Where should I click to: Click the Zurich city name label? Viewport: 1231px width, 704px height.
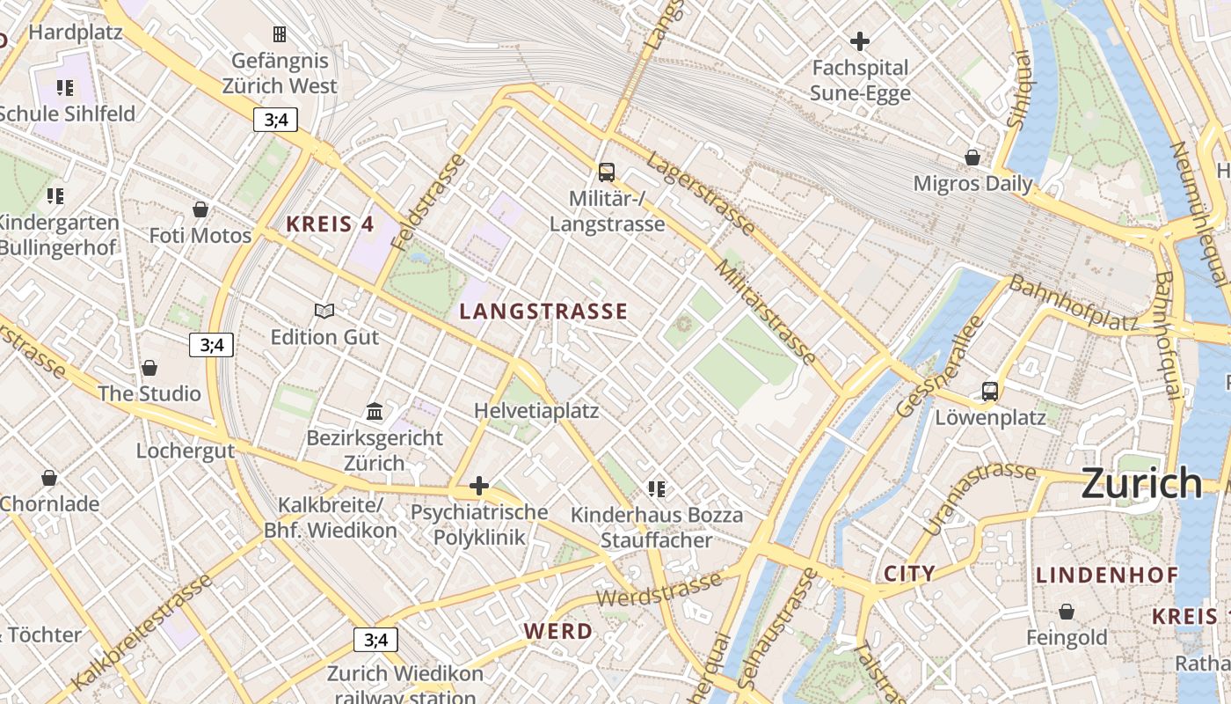pyautogui.click(x=1140, y=483)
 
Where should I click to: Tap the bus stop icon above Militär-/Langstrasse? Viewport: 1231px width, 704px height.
pyautogui.click(x=606, y=172)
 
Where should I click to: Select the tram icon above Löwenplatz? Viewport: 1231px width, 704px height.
pyautogui.click(x=990, y=391)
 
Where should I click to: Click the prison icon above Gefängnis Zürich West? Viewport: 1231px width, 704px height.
pyautogui.click(x=280, y=34)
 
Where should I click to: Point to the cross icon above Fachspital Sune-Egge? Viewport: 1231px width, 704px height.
pyautogui.click(x=859, y=40)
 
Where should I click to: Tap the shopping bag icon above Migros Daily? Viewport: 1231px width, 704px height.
pyautogui.click(x=972, y=158)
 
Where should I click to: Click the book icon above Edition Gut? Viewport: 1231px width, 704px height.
pyautogui.click(x=324, y=311)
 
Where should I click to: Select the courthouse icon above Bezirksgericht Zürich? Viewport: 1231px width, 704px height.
pyautogui.click(x=375, y=411)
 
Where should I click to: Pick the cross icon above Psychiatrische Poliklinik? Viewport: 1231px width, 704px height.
pyautogui.click(x=479, y=486)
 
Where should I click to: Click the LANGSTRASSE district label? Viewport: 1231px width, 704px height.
pyautogui.click(x=543, y=311)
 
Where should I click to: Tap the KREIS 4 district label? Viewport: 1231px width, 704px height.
pyautogui.click(x=330, y=224)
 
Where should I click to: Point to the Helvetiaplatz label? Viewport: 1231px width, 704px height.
pyautogui.click(x=536, y=411)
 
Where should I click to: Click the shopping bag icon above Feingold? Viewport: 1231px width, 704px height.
pyautogui.click(x=1067, y=611)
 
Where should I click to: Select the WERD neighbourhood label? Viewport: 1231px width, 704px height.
pyautogui.click(x=558, y=631)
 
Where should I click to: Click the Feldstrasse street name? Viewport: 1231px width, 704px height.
pyautogui.click(x=430, y=202)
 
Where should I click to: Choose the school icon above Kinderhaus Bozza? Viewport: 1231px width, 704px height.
pyautogui.click(x=656, y=488)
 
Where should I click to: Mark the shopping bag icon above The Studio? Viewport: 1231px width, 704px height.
pyautogui.click(x=149, y=367)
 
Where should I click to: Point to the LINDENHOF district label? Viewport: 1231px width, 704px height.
pyautogui.click(x=1106, y=576)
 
